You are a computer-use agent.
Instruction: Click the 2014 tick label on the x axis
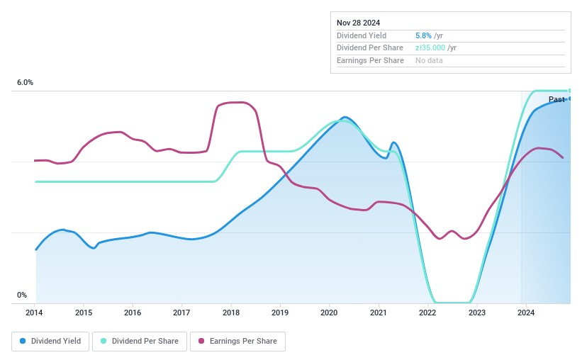(x=35, y=313)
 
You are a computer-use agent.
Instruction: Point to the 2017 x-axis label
(x=181, y=313)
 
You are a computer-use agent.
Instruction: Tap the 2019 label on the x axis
(x=279, y=313)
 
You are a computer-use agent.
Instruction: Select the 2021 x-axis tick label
(x=378, y=313)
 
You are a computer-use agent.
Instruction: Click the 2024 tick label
(x=525, y=313)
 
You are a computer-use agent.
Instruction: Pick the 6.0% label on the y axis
(x=25, y=83)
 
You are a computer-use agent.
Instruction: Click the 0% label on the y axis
(x=22, y=295)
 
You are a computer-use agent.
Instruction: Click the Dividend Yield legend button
(x=50, y=341)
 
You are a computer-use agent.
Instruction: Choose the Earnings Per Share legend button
(x=237, y=341)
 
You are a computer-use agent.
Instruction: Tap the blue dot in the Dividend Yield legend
(x=23, y=341)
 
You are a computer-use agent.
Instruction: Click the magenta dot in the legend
(x=202, y=341)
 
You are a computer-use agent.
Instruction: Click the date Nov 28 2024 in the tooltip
(x=358, y=23)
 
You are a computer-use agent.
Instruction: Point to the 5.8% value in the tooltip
(x=423, y=35)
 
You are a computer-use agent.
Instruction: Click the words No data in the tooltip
(x=430, y=61)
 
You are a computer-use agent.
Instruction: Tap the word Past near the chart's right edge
(x=556, y=100)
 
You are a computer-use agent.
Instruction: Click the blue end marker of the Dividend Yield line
(x=569, y=99)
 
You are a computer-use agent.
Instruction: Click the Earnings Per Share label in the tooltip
(x=370, y=61)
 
